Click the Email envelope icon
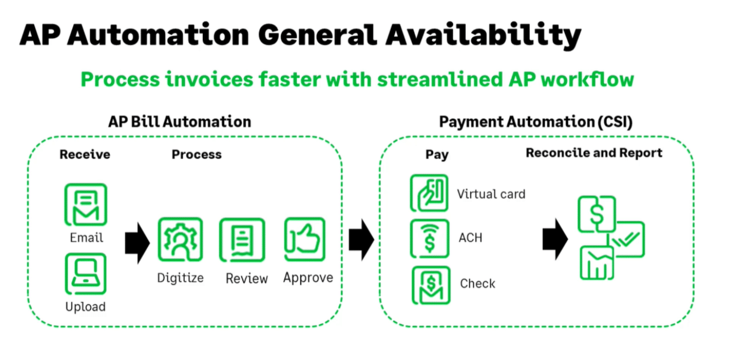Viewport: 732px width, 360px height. pos(85,205)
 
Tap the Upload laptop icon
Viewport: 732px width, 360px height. pos(85,274)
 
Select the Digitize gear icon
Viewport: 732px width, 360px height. pos(180,240)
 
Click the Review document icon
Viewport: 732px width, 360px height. pos(242,240)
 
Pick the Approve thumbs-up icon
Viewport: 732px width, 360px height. pos(305,239)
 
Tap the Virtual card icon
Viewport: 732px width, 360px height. pos(429,193)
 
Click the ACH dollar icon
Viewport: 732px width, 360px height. pos(430,238)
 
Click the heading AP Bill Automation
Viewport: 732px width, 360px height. pos(180,122)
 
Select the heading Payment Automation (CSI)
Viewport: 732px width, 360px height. pos(536,122)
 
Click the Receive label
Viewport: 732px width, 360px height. pos(85,154)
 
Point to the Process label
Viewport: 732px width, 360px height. pos(197,154)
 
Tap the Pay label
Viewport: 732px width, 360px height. pos(437,154)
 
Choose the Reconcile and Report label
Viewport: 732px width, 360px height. pos(594,153)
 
